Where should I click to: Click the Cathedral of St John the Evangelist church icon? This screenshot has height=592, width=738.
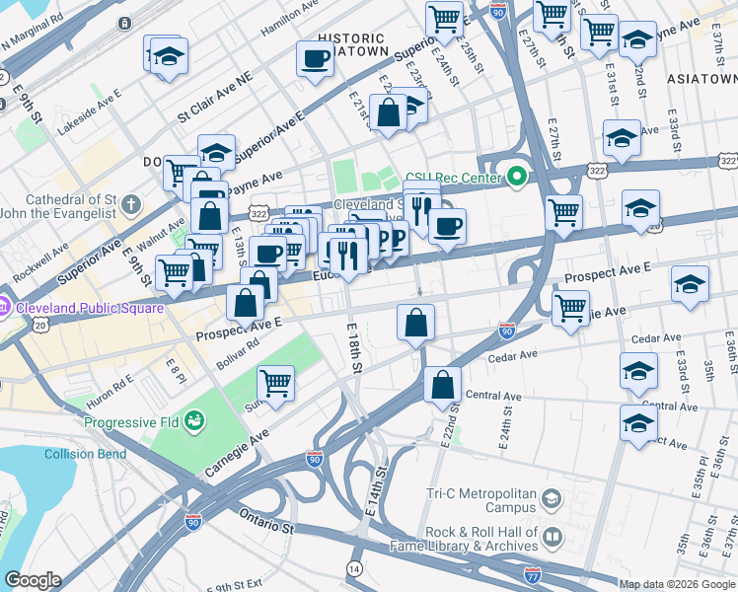[131, 206]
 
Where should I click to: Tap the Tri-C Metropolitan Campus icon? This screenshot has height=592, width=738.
[551, 500]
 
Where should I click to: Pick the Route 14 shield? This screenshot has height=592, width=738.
[354, 568]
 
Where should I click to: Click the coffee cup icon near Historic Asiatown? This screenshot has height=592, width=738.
[315, 60]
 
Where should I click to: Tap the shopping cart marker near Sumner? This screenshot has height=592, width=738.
[275, 383]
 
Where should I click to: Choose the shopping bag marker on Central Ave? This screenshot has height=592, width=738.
[443, 385]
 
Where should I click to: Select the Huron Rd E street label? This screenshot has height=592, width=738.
[109, 383]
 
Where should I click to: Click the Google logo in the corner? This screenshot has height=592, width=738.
[33, 580]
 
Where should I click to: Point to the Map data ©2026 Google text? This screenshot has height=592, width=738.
[675, 584]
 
